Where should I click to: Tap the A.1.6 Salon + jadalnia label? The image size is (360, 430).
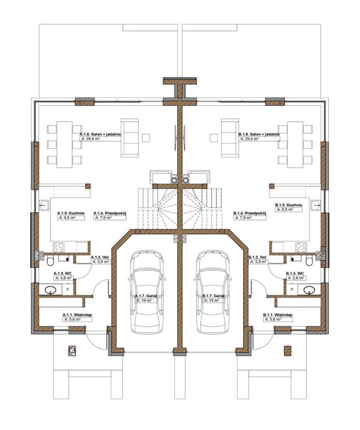(x=100, y=134)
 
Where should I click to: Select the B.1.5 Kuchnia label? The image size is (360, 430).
(x=289, y=205)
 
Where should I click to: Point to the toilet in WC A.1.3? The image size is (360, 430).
(x=50, y=261)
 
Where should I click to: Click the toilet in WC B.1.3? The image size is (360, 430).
(x=309, y=261)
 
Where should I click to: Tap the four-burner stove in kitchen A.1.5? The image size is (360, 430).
(x=58, y=247)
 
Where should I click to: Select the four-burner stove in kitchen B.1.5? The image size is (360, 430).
(x=301, y=247)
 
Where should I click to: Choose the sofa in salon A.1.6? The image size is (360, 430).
(x=129, y=138)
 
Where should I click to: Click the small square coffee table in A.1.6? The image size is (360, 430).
(x=146, y=138)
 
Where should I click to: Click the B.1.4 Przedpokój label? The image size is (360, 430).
(x=250, y=213)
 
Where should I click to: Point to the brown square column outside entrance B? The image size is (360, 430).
(x=287, y=351)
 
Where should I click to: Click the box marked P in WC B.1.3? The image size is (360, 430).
(x=292, y=289)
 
